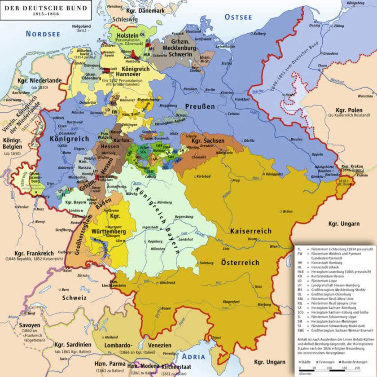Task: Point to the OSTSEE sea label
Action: coord(238,18)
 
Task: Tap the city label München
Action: coord(158,248)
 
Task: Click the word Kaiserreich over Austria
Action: coord(251,231)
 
